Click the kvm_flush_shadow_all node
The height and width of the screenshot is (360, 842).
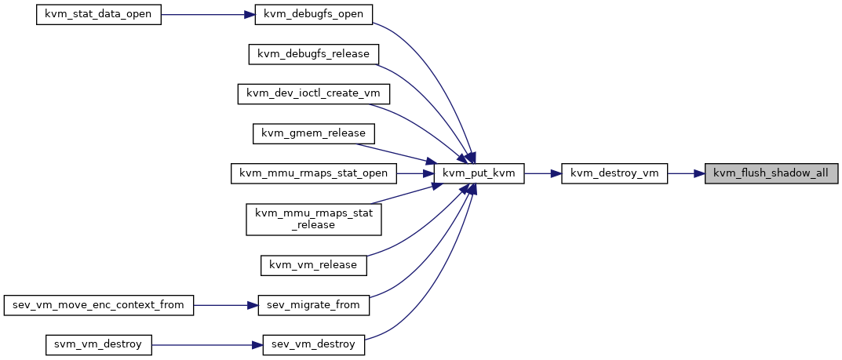pos(771,173)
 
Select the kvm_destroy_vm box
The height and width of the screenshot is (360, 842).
pos(614,173)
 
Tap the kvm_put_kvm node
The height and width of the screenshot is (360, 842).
pos(479,173)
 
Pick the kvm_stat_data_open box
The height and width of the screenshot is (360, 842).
pos(99,14)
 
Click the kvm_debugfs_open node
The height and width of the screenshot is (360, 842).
pos(314,14)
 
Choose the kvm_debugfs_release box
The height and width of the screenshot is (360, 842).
pos(314,54)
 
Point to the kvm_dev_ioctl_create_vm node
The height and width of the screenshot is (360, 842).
pos(314,94)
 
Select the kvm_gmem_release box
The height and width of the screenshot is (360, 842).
pos(314,133)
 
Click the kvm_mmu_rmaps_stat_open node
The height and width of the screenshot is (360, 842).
pos(314,173)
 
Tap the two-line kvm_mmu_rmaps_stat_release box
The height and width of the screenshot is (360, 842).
pos(314,219)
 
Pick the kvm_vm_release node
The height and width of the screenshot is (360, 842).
pos(314,265)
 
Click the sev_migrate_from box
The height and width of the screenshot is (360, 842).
pos(314,305)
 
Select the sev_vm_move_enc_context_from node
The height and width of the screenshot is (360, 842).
pos(99,305)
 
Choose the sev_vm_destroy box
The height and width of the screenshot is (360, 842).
pos(314,344)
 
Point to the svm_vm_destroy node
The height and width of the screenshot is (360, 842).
pos(99,344)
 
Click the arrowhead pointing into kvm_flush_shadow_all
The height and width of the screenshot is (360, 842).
pos(700,173)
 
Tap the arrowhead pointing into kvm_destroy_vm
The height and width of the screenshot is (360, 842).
pos(556,173)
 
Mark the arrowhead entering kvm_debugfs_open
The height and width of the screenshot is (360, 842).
pos(250,14)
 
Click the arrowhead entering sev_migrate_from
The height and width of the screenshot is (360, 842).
pos(253,305)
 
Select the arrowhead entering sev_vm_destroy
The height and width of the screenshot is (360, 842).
pos(257,344)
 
